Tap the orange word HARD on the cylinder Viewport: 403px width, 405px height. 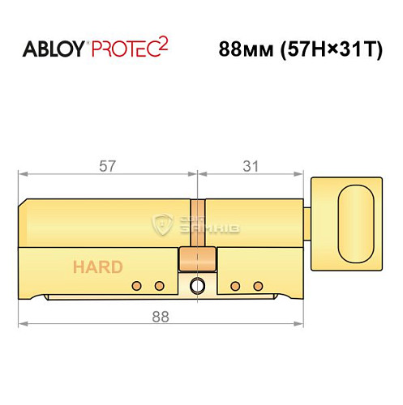pyautogui.click(x=98, y=267)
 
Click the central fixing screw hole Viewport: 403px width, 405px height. pyautogui.click(x=196, y=286)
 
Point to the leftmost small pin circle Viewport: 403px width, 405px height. pyautogui.click(x=136, y=285)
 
